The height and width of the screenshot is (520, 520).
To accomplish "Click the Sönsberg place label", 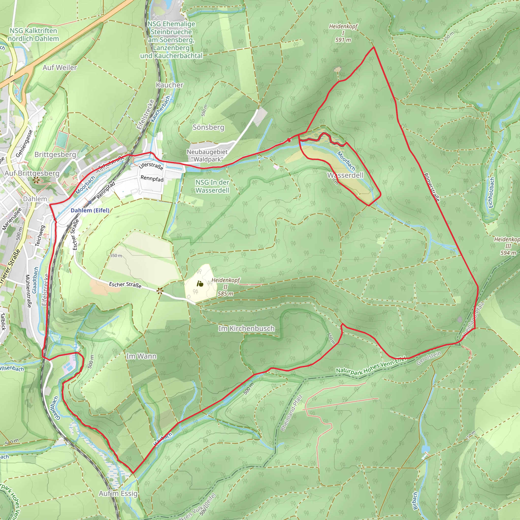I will pyautogui.click(x=208, y=127).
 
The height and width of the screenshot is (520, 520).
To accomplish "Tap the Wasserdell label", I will pyautogui.click(x=345, y=175).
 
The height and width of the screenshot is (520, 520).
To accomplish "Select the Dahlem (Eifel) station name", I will pyautogui.click(x=90, y=210).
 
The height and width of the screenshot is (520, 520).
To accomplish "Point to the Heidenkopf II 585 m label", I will pyautogui.click(x=225, y=287).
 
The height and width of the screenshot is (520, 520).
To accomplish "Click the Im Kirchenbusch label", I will pyautogui.click(x=246, y=328).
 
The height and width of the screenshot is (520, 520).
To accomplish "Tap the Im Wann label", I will pyautogui.click(x=141, y=356).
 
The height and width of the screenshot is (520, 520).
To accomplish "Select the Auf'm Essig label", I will pyautogui.click(x=118, y=493).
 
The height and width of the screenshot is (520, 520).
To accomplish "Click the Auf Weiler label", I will pyautogui.click(x=60, y=68).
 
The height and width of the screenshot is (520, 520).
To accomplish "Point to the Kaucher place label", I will pyautogui.click(x=170, y=85).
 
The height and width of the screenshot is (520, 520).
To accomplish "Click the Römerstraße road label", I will pyautogui.click(x=432, y=187).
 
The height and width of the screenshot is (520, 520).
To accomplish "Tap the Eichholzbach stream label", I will pyautogui.click(x=491, y=193).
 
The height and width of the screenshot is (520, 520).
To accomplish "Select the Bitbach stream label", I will pyautogui.click(x=415, y=501).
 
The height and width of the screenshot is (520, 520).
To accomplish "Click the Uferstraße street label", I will pyautogui.click(x=151, y=166).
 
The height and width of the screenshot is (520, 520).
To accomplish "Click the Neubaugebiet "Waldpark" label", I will pyautogui.click(x=207, y=156).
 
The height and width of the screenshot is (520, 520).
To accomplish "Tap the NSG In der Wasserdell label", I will pyautogui.click(x=212, y=186).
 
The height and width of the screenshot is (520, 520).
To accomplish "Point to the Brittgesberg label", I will pyautogui.click(x=55, y=154).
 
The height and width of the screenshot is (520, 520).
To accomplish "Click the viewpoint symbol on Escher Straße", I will pyautogui.click(x=160, y=290).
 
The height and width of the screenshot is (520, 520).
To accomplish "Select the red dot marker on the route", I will pyautogui.click(x=289, y=140).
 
